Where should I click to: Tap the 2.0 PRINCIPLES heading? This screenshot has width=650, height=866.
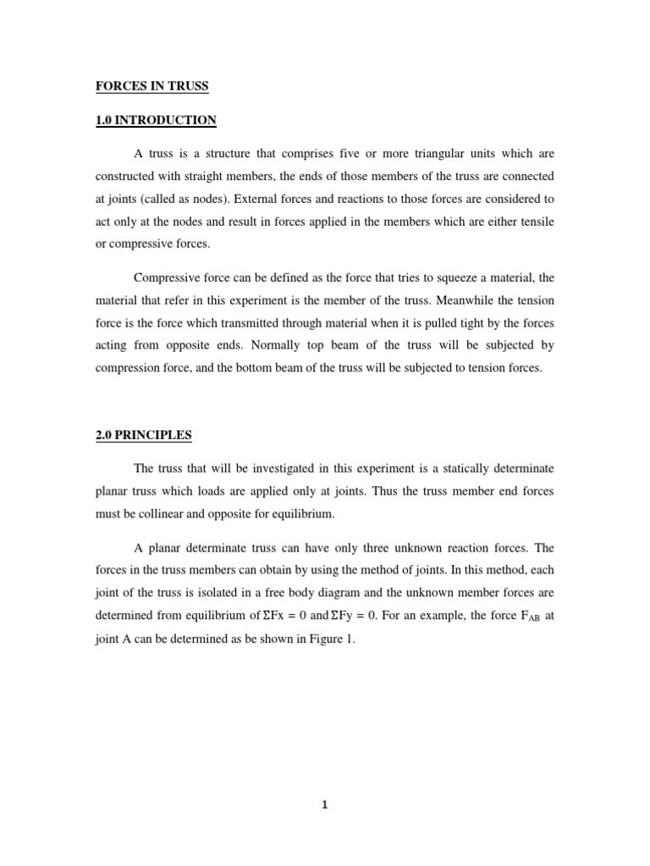coord(143,436)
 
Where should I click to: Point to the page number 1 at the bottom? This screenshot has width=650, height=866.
coord(324,804)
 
